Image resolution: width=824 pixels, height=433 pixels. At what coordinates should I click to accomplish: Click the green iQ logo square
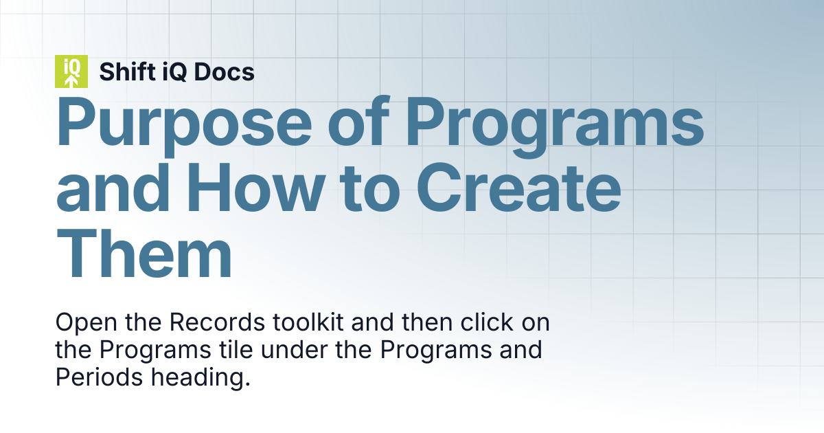click(x=71, y=71)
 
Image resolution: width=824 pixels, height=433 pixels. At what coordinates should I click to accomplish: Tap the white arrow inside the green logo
click(x=71, y=81)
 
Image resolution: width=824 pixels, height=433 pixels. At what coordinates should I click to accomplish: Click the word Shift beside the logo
click(x=127, y=71)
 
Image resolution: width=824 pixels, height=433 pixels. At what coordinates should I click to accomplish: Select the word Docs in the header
click(x=224, y=71)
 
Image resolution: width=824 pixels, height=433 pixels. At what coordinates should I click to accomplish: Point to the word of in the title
click(x=358, y=122)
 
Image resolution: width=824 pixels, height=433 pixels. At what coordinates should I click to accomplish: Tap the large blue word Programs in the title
click(x=555, y=127)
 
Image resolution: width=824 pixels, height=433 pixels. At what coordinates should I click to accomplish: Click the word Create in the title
click(x=518, y=188)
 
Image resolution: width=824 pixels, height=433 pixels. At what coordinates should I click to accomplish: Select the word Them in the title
click(x=144, y=254)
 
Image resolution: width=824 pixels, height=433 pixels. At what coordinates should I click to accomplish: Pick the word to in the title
click(x=369, y=190)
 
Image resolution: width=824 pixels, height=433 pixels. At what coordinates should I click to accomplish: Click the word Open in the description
click(x=87, y=323)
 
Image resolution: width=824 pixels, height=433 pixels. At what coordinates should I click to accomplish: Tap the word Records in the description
click(x=217, y=322)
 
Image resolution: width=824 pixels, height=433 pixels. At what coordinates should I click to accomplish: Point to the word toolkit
click(x=308, y=322)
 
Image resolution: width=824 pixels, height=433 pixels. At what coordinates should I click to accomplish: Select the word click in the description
click(x=487, y=322)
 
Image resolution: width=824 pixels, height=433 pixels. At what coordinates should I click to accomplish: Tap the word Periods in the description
click(x=99, y=377)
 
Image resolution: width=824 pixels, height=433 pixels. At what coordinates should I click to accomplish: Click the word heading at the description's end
click(x=201, y=378)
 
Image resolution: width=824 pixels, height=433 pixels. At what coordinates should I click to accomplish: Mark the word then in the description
click(x=427, y=322)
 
